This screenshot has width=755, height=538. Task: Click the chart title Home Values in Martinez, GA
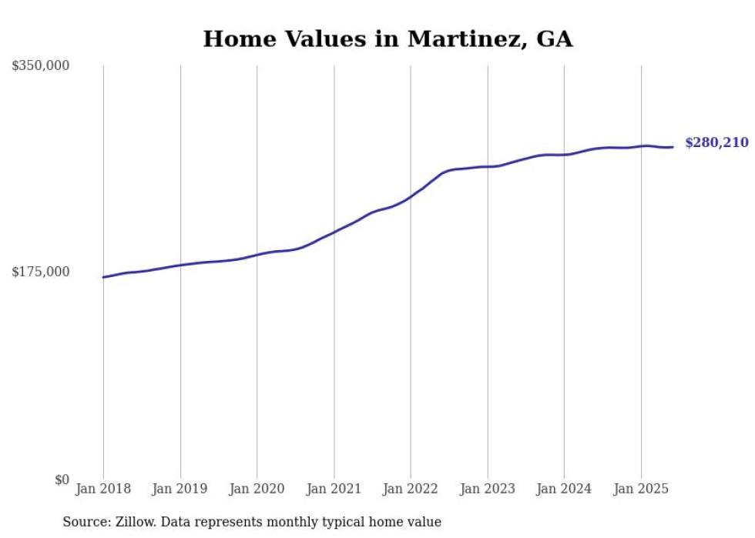coord(388,38)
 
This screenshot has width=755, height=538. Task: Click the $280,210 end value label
coord(716,142)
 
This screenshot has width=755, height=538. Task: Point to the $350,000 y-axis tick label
coord(40,66)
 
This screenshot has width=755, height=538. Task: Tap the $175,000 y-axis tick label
coord(40,272)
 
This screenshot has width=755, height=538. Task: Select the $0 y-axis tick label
coord(62,480)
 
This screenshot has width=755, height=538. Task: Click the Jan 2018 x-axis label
coord(103,489)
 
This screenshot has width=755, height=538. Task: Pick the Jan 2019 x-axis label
coord(180,489)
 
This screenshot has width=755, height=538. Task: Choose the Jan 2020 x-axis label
coord(257,489)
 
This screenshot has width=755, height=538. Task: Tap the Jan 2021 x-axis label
coord(334,489)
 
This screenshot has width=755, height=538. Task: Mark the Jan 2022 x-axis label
coord(411,489)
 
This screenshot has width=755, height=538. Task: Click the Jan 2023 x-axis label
coord(487,489)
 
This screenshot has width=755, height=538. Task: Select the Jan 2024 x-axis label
coord(564,489)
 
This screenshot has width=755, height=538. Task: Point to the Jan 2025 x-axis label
coord(641,489)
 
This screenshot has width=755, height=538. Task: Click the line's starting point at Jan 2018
coord(103,277)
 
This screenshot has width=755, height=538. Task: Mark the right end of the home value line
coord(673,147)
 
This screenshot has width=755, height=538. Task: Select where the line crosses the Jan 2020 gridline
coord(257,254)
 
